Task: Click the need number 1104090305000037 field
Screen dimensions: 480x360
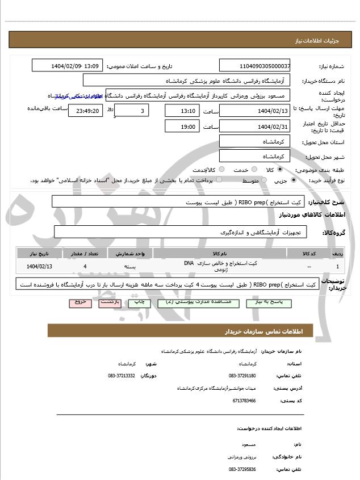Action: [255, 66]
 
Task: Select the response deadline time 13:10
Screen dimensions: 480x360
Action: [182, 110]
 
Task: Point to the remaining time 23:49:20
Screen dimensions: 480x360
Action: [86, 111]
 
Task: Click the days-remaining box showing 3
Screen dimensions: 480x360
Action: [132, 110]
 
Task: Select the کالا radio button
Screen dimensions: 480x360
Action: [280, 169]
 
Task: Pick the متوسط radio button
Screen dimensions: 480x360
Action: [262, 180]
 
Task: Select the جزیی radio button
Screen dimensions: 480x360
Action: [293, 180]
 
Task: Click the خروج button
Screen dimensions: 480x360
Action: [79, 302]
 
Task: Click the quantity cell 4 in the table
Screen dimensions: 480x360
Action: [85, 266]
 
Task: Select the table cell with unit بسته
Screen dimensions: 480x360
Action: [131, 266]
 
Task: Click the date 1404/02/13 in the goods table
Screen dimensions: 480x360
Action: [39, 266]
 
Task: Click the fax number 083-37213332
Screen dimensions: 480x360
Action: [122, 376]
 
